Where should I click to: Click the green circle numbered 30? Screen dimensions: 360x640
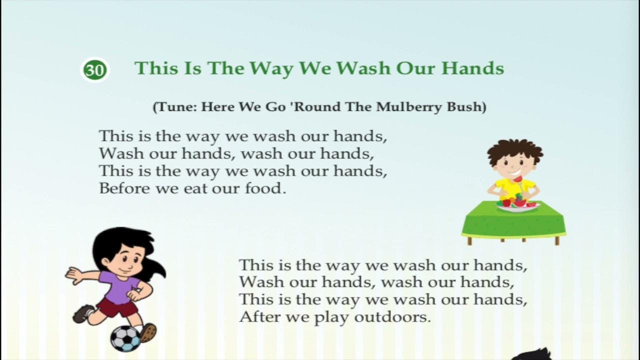click(94, 70)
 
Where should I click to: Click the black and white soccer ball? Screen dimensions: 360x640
click(125, 338)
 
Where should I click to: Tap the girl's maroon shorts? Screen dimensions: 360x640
click(118, 307)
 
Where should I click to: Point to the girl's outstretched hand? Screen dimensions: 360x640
click(73, 274)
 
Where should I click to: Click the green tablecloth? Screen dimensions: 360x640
click(513, 222)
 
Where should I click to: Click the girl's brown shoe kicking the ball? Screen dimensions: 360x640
click(147, 331)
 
